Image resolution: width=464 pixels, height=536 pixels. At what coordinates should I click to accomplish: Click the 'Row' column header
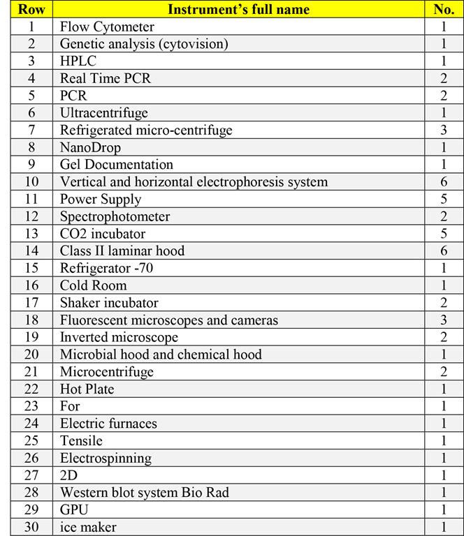point(31,10)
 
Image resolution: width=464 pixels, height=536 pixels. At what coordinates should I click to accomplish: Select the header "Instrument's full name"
point(238,10)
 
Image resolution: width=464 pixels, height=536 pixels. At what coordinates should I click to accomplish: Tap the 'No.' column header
point(444,10)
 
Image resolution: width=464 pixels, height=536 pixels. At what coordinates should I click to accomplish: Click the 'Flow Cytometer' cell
point(107,27)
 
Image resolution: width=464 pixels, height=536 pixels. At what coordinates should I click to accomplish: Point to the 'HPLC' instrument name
point(78,61)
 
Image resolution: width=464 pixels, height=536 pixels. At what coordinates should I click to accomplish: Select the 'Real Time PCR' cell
point(105,79)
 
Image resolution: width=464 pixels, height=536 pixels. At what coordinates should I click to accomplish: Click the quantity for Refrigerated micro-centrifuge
point(444,131)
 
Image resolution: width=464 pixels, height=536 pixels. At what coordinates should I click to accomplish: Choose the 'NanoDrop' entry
point(90,148)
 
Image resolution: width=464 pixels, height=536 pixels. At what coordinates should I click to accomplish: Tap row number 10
point(31,182)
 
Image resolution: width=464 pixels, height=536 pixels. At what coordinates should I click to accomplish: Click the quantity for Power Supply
point(444,200)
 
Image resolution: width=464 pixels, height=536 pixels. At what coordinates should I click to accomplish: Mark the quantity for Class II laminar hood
point(444,251)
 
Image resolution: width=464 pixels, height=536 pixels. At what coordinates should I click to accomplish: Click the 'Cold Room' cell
point(94,285)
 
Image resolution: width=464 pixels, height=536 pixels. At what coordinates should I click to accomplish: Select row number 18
point(31,320)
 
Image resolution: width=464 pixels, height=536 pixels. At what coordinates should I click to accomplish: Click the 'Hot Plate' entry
point(87,389)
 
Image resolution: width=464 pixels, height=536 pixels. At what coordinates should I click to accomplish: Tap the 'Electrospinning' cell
point(106,458)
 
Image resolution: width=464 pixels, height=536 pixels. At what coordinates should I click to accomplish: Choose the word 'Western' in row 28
point(85,493)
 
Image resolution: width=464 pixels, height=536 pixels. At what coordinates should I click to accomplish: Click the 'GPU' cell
point(74,510)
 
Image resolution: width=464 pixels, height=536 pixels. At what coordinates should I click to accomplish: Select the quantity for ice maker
point(444,527)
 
